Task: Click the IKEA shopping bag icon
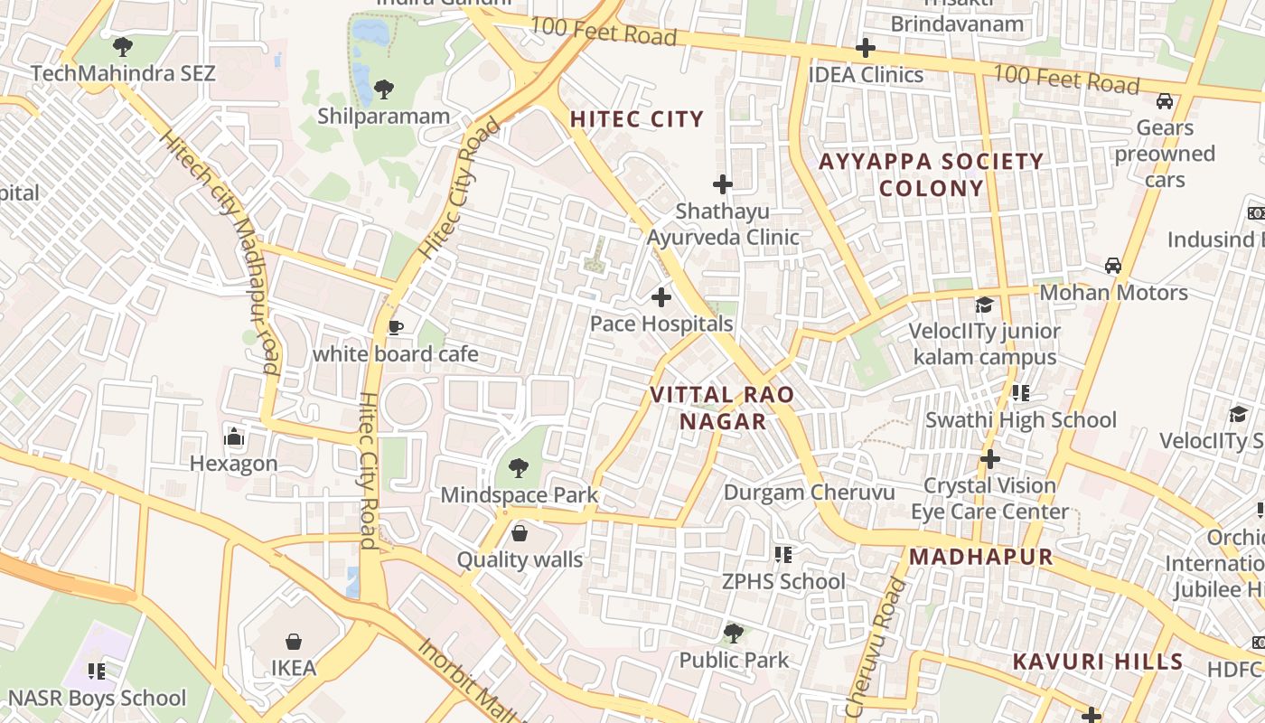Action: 294,642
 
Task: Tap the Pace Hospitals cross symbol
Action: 661,296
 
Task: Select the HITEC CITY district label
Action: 636,119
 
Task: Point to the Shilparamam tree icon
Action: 384,89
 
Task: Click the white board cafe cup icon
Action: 395,327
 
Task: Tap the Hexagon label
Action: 234,464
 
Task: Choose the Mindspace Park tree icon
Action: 519,467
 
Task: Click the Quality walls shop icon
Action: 519,533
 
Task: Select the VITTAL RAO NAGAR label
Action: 722,408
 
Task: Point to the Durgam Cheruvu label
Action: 810,493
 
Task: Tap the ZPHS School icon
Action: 783,554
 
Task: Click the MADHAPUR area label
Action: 981,557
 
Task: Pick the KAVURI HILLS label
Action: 1098,662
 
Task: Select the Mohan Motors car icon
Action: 1113,266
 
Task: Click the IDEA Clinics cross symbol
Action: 866,48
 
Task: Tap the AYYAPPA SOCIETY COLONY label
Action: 931,174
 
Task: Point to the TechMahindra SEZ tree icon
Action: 123,46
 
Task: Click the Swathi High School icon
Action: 1021,393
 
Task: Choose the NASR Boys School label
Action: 97,699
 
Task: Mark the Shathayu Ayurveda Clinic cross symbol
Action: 723,184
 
